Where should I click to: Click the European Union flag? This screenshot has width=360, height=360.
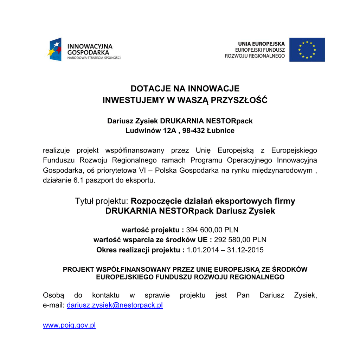pyautogui.click(x=307, y=50)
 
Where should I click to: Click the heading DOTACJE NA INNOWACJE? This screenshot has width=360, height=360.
pyautogui.click(x=185, y=89)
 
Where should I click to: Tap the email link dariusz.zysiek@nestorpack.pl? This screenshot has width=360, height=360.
pyautogui.click(x=115, y=305)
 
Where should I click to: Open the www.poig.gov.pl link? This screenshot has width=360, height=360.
pyautogui.click(x=69, y=325)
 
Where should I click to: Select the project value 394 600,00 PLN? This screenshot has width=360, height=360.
pyautogui.click(x=212, y=230)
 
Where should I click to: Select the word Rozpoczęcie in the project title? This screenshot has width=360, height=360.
pyautogui.click(x=156, y=201)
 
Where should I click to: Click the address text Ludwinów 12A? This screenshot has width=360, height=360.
pyautogui.click(x=151, y=131)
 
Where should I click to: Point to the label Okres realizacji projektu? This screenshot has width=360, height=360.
pyautogui.click(x=139, y=250)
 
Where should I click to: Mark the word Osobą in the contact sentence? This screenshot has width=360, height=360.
pyautogui.click(x=51, y=295)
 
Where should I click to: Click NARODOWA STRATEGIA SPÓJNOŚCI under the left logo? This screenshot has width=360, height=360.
pyautogui.click(x=94, y=58)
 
